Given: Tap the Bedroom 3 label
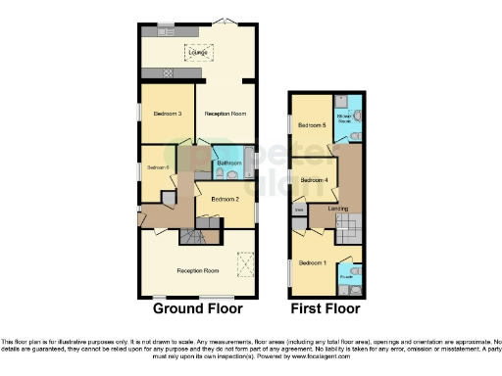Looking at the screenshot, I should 168,114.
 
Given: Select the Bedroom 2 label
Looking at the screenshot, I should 225,199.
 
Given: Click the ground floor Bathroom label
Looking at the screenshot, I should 229,163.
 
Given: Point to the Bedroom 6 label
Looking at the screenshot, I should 158,167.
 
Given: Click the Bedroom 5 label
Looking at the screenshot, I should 312,125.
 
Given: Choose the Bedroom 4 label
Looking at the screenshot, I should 314,180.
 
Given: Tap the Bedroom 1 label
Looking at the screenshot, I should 313,262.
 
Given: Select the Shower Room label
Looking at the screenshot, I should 346,118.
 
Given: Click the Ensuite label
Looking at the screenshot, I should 346,277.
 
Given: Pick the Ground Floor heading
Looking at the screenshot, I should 197,307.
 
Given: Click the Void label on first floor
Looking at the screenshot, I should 299,210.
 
